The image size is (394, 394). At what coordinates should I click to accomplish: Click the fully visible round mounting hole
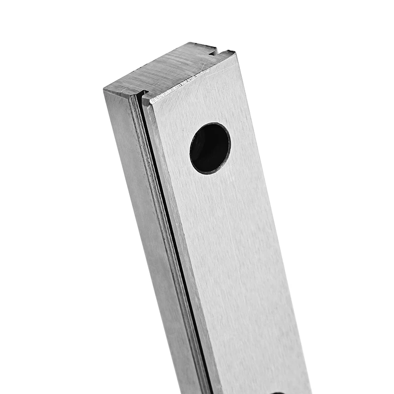210,148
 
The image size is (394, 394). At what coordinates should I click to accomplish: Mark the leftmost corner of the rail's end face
104,90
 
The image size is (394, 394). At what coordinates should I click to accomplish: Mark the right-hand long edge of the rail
276,222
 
